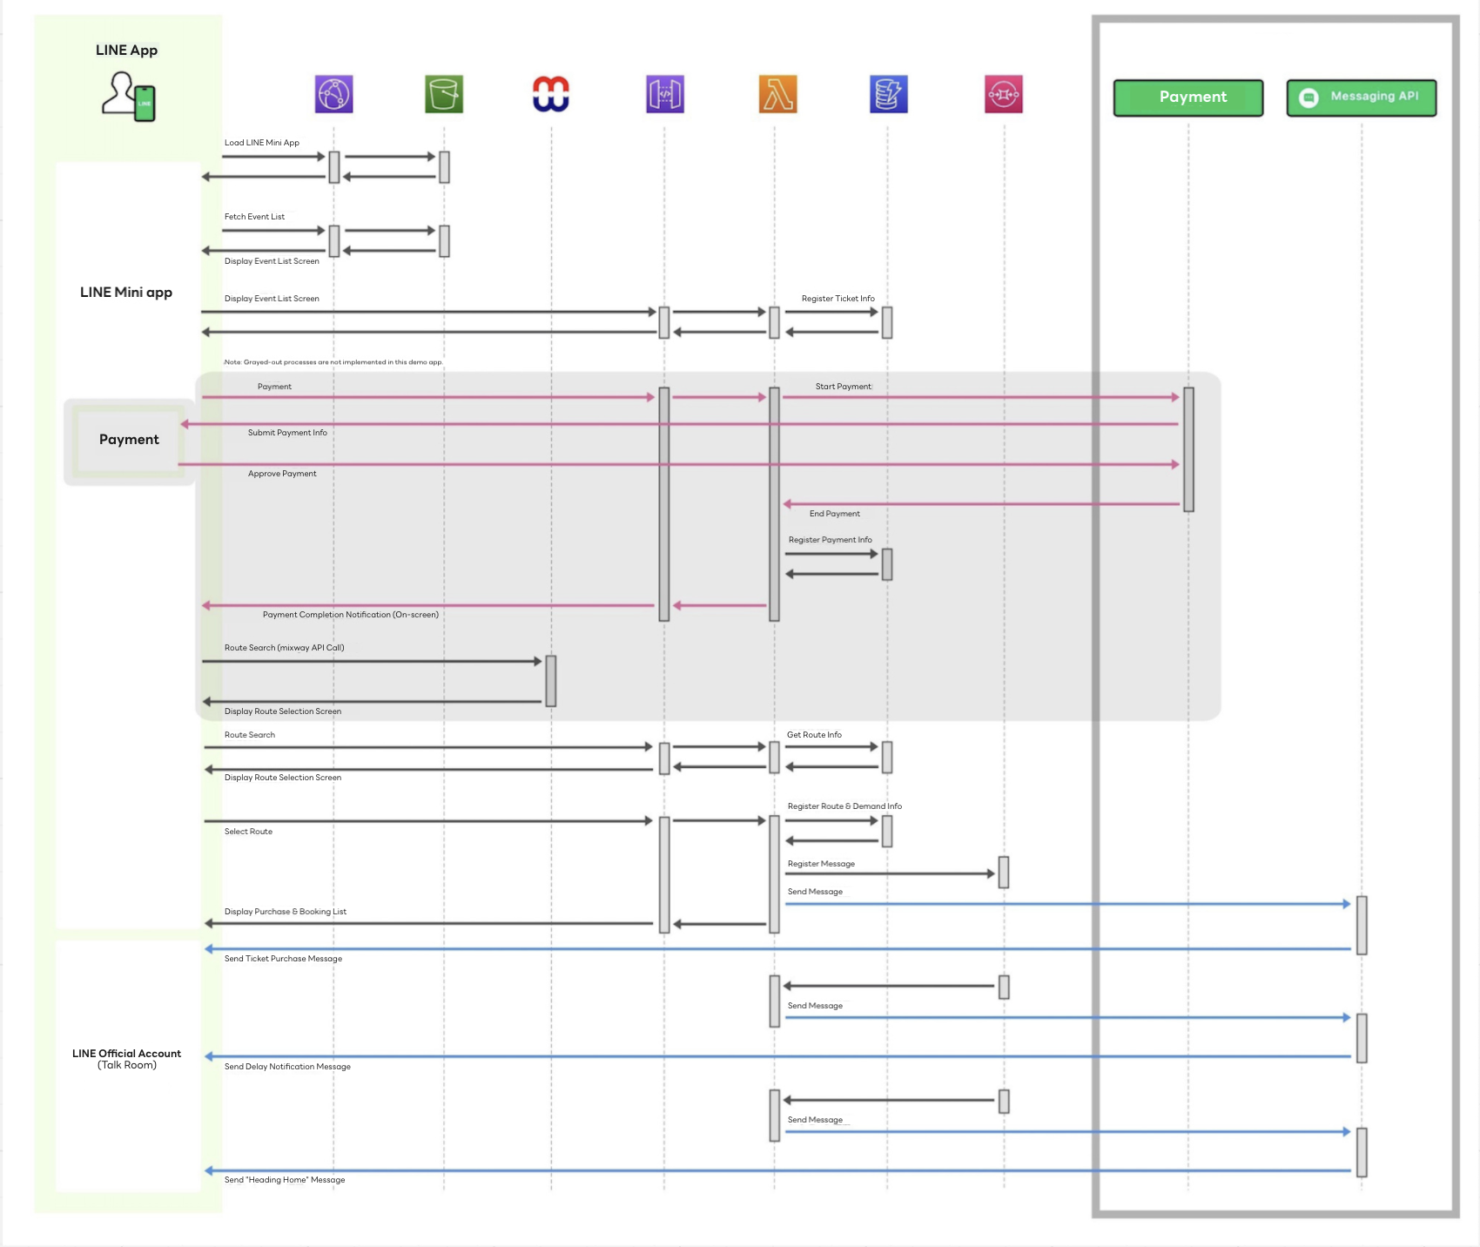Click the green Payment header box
pos(1188,98)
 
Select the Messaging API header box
pos(1362,98)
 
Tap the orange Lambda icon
pos(777,94)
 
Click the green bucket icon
pos(444,94)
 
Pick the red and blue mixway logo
pos(551,94)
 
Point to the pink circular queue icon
pos(1004,94)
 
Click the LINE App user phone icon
pos(129,96)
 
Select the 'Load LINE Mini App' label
pos(262,143)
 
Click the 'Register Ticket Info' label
pos(838,299)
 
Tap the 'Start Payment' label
pos(843,387)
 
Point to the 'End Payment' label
pos(834,514)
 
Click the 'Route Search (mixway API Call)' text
pos(284,648)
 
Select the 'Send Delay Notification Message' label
pos(287,1067)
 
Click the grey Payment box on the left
pos(129,441)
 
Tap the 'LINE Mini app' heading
pos(126,293)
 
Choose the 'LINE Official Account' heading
pos(127,1054)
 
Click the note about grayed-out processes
pos(333,362)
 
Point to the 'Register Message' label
pos(821,864)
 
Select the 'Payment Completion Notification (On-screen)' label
pos(351,615)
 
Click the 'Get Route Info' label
pos(814,735)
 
